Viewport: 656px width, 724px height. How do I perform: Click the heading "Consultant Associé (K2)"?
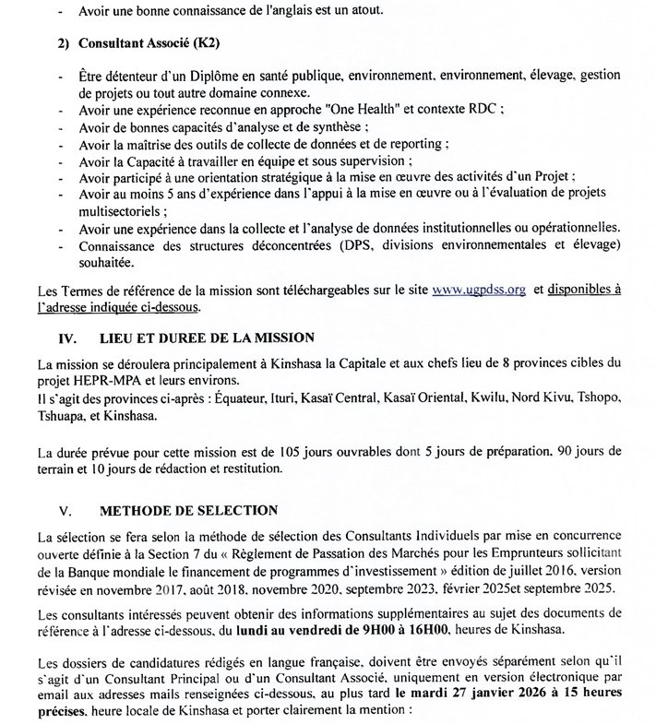point(139,43)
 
